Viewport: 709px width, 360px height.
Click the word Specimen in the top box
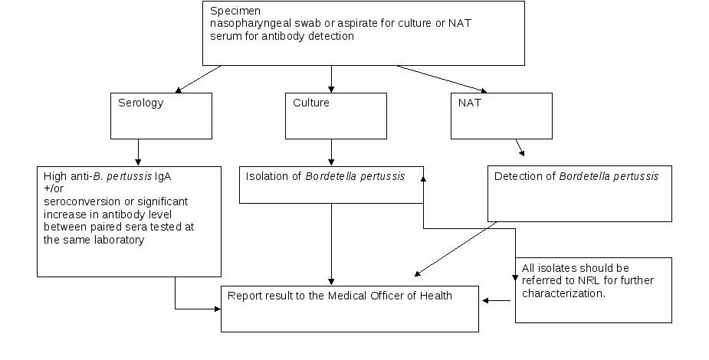pos(235,11)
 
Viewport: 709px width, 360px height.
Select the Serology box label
pos(140,103)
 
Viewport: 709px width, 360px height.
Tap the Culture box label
pos(311,103)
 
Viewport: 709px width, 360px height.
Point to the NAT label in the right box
pos(470,103)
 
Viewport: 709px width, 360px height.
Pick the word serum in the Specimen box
pos(226,36)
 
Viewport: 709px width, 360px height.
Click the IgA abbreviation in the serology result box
pos(162,176)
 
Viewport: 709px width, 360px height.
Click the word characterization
pos(563,293)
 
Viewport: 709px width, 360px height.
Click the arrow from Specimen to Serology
pos(198,79)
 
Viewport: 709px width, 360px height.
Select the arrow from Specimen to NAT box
pos(441,79)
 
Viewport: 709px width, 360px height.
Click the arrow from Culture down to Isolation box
pos(331,152)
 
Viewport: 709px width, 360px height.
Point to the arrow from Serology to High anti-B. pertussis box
pos(138,152)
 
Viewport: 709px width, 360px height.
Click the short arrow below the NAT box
pos(520,148)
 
